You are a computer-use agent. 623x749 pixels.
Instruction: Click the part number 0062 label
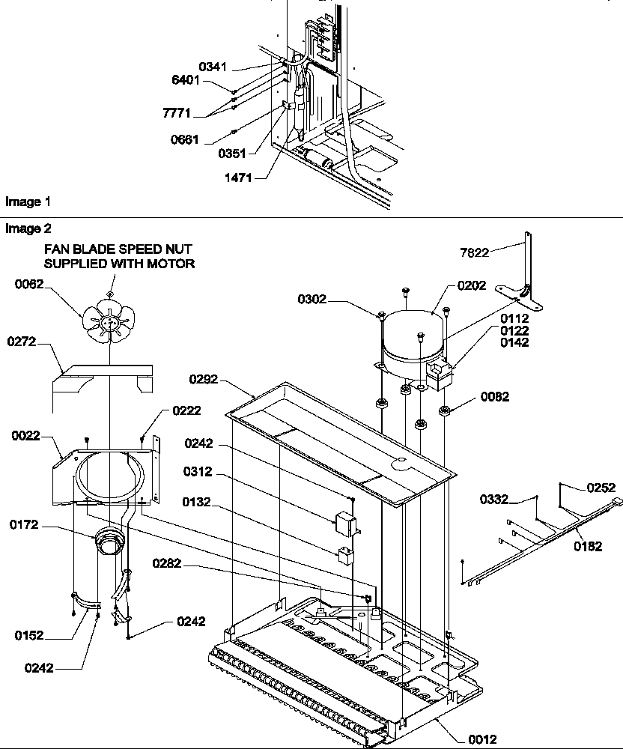pos(30,283)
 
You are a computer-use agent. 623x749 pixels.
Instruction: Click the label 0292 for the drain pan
pos(203,379)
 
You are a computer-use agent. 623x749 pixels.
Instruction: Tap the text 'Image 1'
pos(28,201)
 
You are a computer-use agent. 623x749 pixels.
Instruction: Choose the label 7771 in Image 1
pos(175,113)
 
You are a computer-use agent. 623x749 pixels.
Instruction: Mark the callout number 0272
pos(22,342)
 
